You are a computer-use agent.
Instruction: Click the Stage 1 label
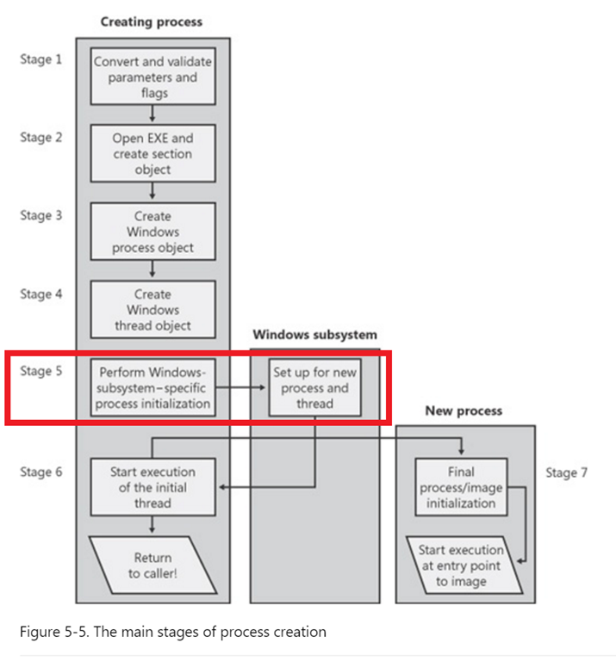coord(41,59)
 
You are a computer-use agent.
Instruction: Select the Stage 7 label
coord(566,473)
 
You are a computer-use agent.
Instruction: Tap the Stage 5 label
coord(41,371)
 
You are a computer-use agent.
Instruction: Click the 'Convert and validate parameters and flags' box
coord(152,77)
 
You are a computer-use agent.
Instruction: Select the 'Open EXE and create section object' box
coord(152,153)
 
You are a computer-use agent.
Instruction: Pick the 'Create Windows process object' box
coord(152,232)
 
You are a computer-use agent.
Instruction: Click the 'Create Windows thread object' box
coord(152,310)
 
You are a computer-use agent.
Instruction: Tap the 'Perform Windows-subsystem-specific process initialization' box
coord(152,387)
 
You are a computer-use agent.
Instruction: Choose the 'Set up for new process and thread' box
coord(314,387)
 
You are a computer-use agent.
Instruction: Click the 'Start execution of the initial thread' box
coord(152,487)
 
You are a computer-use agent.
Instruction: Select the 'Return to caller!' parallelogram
coord(152,565)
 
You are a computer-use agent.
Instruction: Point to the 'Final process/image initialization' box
coord(461,487)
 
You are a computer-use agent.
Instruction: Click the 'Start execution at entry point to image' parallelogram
coord(464,565)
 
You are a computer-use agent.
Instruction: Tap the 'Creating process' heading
coord(152,22)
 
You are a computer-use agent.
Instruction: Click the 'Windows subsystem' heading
coord(314,335)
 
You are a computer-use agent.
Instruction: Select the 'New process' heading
coord(464,411)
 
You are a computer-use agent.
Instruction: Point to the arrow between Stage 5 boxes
coord(240,387)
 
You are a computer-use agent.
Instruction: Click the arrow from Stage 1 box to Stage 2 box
coord(152,114)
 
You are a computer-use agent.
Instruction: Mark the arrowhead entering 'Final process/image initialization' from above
coord(461,452)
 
